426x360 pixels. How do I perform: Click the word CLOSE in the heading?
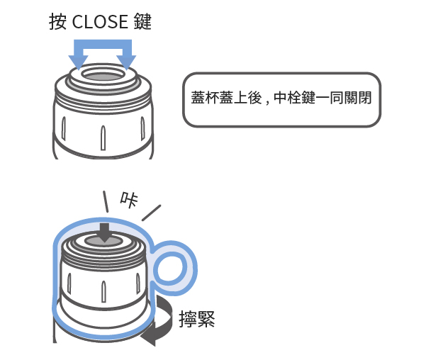click(x=100, y=22)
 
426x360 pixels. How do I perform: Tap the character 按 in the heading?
click(x=57, y=22)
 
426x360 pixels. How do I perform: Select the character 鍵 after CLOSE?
click(x=142, y=22)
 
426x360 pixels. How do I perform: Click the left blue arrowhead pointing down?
click(x=78, y=62)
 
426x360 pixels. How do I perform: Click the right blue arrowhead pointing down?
click(x=126, y=62)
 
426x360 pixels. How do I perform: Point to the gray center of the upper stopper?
click(x=103, y=77)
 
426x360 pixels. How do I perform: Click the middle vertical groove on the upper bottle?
click(x=103, y=137)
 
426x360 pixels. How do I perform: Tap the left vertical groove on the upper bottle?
click(x=64, y=128)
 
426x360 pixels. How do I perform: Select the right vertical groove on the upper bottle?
click(x=142, y=128)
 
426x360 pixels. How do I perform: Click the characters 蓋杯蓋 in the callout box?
click(x=212, y=98)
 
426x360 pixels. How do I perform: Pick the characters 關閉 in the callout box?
click(x=357, y=98)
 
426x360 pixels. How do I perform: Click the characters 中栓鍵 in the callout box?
click(x=294, y=98)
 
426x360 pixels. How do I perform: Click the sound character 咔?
click(x=129, y=200)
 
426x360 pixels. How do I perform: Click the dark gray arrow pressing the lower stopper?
click(x=105, y=233)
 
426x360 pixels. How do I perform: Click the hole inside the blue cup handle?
click(x=170, y=269)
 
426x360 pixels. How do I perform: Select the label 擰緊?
click(x=197, y=319)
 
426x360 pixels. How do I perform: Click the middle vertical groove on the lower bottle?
click(x=103, y=291)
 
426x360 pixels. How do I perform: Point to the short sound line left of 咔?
click(x=106, y=201)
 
